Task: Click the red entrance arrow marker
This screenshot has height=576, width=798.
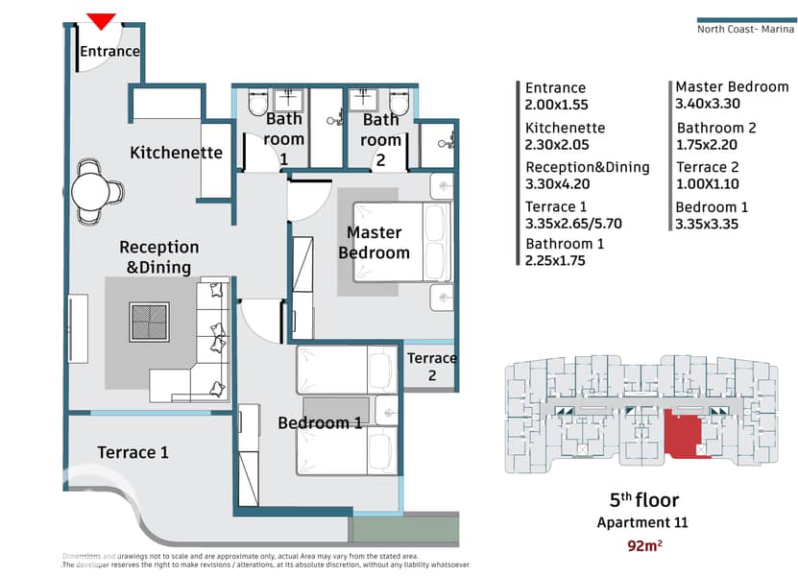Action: [101, 21]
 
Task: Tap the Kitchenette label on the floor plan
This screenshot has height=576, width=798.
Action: [176, 152]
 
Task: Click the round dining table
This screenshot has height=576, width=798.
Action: [91, 192]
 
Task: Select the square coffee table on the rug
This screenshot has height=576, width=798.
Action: [149, 323]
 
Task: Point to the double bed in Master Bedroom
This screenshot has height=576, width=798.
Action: [402, 242]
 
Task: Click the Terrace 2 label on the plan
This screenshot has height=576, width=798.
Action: [431, 367]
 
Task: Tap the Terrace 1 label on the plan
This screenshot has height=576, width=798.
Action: [133, 452]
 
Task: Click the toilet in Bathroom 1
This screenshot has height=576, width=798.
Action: [257, 104]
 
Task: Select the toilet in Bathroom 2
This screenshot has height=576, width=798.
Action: [399, 104]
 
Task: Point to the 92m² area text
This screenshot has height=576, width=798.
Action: [644, 546]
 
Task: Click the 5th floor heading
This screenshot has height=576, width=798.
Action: [644, 500]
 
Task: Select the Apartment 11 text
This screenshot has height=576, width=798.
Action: [642, 522]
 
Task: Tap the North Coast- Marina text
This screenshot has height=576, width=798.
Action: [745, 29]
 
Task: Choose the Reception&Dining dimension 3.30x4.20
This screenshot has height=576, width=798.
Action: [557, 183]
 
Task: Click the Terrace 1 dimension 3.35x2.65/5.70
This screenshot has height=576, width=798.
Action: [573, 224]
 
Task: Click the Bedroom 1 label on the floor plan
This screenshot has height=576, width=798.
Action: [320, 422]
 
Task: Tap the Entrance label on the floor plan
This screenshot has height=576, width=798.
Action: [109, 52]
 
